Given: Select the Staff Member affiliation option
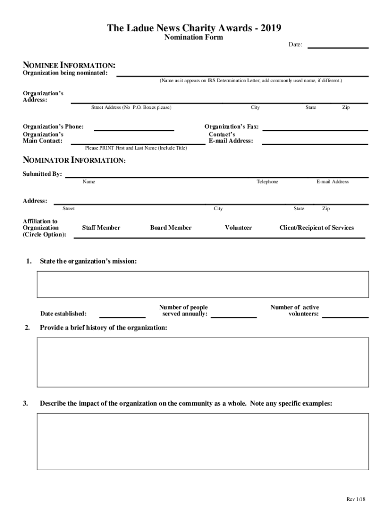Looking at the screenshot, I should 101,228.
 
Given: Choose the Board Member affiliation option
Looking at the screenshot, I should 171,228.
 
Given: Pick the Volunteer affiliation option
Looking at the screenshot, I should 238,228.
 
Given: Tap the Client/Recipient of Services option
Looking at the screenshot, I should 316,228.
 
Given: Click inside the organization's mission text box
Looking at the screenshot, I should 203,284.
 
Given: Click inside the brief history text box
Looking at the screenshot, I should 203,362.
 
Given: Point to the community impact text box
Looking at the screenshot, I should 203,441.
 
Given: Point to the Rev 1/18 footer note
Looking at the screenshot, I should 355,499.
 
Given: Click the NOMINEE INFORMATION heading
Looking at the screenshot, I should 69,66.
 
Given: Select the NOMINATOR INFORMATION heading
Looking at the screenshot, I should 74,160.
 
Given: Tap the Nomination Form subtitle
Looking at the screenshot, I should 194,38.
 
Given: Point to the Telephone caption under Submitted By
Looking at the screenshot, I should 267,181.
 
